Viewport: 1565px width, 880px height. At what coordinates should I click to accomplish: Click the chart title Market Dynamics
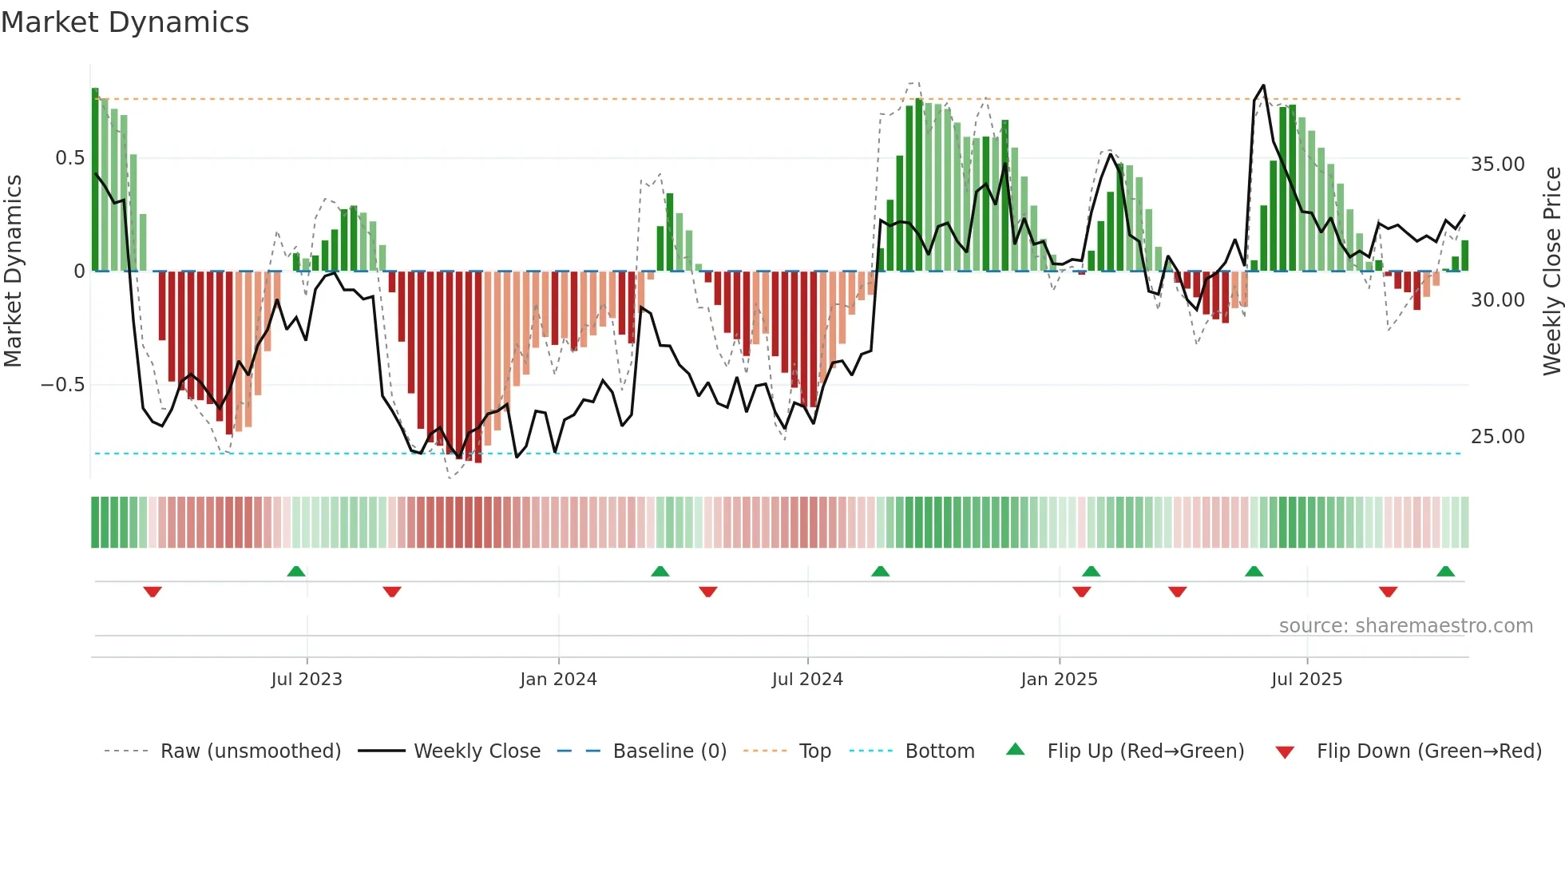pyautogui.click(x=125, y=22)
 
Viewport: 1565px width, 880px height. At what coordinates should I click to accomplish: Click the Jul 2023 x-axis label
pyautogui.click(x=307, y=679)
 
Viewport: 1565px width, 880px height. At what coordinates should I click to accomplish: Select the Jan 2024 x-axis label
pyautogui.click(x=558, y=679)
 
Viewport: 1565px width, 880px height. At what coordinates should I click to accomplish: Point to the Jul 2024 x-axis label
pyautogui.click(x=807, y=679)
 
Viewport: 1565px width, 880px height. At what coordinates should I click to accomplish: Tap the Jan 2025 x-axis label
pyautogui.click(x=1059, y=679)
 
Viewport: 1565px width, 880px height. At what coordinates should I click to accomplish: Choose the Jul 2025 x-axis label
pyautogui.click(x=1306, y=679)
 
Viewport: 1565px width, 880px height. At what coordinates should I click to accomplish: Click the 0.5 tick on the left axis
pyautogui.click(x=69, y=158)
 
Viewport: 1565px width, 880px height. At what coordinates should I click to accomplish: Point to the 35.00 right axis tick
pyautogui.click(x=1497, y=165)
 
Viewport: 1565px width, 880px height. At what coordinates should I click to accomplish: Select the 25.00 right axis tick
pyautogui.click(x=1497, y=437)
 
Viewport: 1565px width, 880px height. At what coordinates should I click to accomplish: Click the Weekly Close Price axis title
pyautogui.click(x=1551, y=272)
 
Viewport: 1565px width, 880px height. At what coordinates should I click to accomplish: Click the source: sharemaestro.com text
pyautogui.click(x=1405, y=626)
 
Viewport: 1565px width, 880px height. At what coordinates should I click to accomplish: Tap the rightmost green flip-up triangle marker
pyautogui.click(x=1445, y=571)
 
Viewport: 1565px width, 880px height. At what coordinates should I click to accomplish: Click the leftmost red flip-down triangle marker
pyautogui.click(x=153, y=592)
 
